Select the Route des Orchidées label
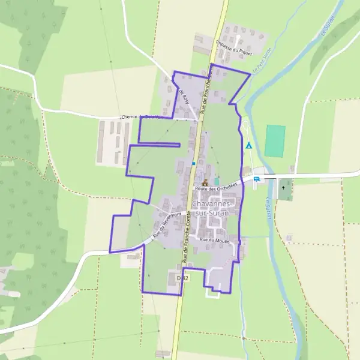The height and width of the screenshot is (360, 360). pos(220,187)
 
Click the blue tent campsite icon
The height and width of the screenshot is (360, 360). pos(248,145)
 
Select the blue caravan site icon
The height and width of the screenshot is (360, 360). pos(257,178)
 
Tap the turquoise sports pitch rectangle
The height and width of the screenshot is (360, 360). pos(275,141)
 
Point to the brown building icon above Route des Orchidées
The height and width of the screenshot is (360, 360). pos(205,182)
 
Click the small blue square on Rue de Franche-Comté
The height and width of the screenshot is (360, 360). pos(193,163)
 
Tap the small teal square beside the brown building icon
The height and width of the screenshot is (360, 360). pos(217,181)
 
